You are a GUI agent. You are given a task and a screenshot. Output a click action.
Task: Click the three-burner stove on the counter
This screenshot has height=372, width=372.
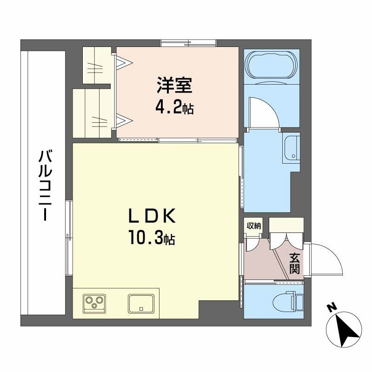click(94, 304)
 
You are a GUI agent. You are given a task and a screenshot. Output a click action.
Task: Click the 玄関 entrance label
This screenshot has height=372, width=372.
click(295, 263)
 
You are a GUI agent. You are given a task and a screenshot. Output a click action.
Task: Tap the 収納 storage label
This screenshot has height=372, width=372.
click(253, 226)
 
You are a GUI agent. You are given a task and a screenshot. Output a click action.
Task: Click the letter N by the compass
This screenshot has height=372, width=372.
click(331, 307)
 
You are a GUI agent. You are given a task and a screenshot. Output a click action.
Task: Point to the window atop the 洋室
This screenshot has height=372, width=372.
click(189, 43)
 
